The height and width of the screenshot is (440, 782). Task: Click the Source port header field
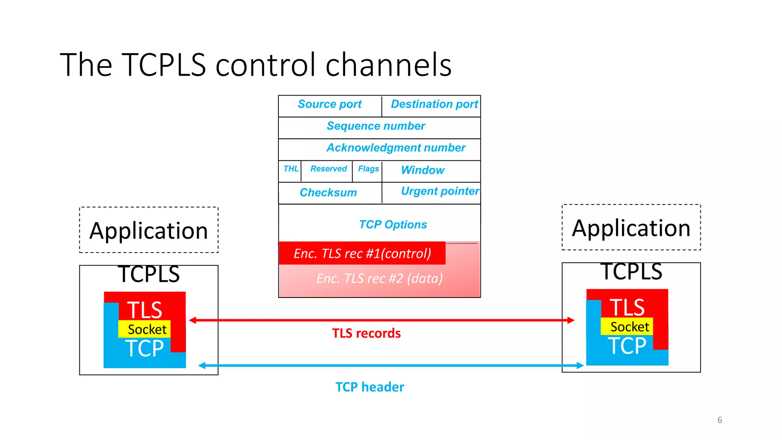[x=330, y=104]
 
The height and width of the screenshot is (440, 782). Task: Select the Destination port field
[x=434, y=104]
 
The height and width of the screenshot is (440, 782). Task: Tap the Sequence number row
[x=376, y=126]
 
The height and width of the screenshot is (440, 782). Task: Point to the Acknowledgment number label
[x=396, y=148]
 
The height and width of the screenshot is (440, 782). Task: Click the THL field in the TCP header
[x=291, y=169]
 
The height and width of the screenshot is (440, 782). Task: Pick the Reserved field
[x=328, y=169]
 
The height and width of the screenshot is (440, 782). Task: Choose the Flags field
[x=368, y=169]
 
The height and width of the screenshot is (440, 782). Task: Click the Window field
[x=423, y=170]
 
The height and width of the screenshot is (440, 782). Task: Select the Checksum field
[x=328, y=192]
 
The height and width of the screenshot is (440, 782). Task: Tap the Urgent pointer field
[x=439, y=191]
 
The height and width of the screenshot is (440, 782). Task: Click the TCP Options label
[x=393, y=225]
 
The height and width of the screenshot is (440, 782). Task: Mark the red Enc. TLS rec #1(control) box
[x=362, y=253]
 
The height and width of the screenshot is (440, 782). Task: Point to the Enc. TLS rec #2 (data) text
[x=380, y=279]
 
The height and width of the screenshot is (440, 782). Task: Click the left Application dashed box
[x=149, y=230]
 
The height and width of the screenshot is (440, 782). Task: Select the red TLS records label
[x=366, y=333]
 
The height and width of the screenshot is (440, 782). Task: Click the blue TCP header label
[x=369, y=387]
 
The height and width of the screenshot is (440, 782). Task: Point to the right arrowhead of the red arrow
[x=571, y=320]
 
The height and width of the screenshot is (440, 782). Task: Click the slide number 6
[x=719, y=420]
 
